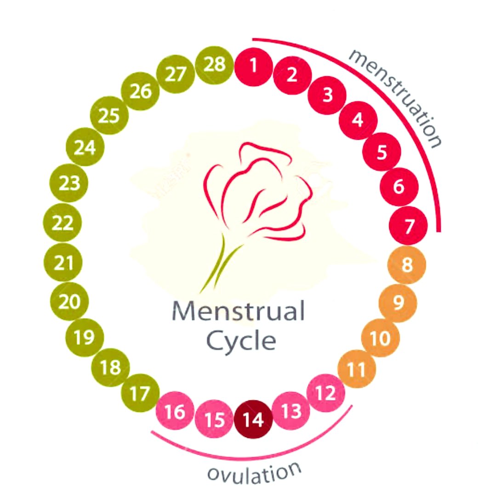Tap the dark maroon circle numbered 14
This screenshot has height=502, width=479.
click(253, 420)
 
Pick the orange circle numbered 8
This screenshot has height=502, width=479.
click(406, 265)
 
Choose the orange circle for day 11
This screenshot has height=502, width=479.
click(357, 369)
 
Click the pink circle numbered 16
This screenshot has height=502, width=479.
click(175, 411)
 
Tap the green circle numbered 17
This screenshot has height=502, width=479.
click(140, 394)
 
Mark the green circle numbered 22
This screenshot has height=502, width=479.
click(63, 224)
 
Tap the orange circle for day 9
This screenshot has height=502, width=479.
click(398, 302)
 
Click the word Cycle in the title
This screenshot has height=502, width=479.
click(241, 341)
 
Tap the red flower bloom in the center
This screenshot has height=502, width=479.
click(257, 193)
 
